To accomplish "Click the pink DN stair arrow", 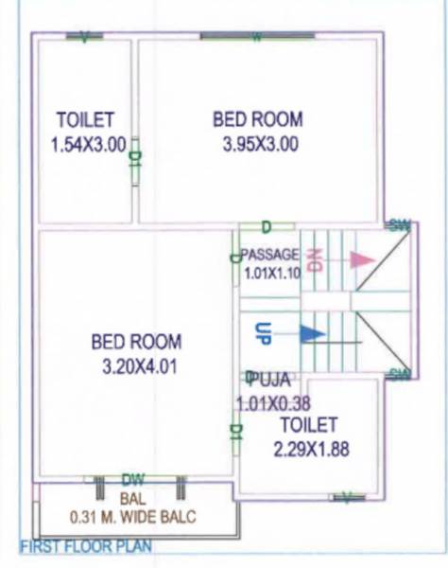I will (x=361, y=258).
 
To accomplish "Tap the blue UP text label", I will (x=264, y=333).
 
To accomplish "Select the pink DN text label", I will (x=317, y=258).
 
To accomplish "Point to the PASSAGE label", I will (x=270, y=255).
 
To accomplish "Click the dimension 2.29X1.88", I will (x=311, y=450).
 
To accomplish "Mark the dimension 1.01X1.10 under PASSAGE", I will (x=271, y=273).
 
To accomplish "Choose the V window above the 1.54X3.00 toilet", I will (x=85, y=37).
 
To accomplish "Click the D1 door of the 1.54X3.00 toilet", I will (x=135, y=157).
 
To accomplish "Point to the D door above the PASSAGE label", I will (x=266, y=227).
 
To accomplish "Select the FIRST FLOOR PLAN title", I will (x=86, y=546).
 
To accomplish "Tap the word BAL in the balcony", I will (x=131, y=497).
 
